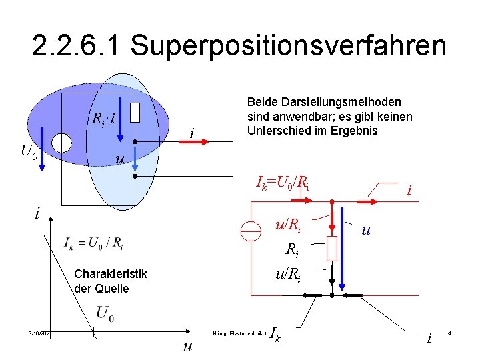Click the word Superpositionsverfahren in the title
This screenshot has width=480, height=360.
pos(288,45)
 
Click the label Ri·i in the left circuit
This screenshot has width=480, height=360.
pos(103,120)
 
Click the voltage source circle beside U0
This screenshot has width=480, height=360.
pos(61,143)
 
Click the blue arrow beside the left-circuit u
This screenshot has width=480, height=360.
pos(134,159)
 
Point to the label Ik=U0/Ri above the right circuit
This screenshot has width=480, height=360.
pos(283,181)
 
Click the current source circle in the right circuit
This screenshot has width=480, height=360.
pos(251,231)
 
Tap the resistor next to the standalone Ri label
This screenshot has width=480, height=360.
pos(332,249)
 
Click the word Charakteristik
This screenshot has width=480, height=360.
pos(111,274)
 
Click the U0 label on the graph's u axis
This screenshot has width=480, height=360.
pos(105,312)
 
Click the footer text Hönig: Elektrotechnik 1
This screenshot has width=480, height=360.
pos(238,333)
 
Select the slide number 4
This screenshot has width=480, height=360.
pos(450,333)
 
